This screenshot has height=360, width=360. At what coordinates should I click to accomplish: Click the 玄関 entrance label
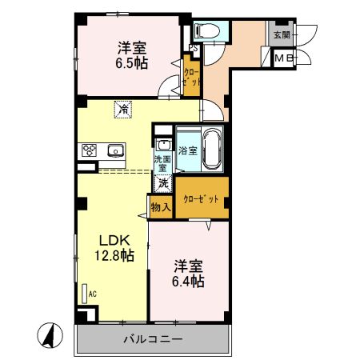coord(282,35)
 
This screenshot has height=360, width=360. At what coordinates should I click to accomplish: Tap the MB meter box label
coord(282,58)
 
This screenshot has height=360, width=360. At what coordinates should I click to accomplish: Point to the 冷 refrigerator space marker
coord(123,109)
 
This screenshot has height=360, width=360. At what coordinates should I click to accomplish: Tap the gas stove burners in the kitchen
coord(87,150)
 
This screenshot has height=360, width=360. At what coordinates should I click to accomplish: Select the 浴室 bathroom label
coord(187,150)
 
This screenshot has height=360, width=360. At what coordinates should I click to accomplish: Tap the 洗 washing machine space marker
coord(162,183)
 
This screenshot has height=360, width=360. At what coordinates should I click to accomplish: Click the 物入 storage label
coord(160,207)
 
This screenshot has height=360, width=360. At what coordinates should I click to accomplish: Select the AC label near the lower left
coord(92,294)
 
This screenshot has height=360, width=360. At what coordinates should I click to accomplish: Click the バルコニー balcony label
coord(152,338)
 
